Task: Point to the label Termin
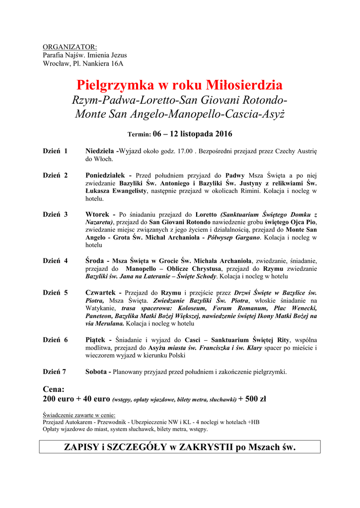[139, 134]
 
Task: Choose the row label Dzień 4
[55, 260]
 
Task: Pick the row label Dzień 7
[55, 372]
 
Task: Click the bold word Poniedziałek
[107, 175]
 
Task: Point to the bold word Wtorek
[98, 214]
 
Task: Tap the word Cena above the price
[54, 389]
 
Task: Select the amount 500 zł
[256, 399]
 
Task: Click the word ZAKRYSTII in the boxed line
[206, 447]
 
